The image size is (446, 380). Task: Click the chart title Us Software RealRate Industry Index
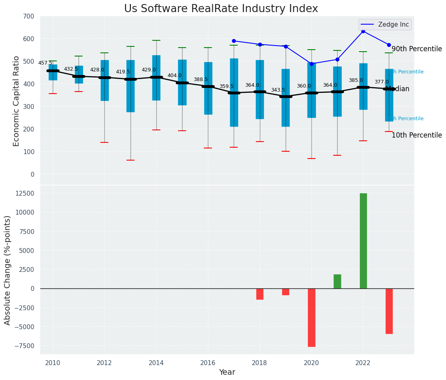[x=221, y=9]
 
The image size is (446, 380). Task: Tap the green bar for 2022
[x=363, y=241]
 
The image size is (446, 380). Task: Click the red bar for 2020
[x=311, y=317]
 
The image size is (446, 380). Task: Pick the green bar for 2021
[x=337, y=282]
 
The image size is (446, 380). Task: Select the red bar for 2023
[x=389, y=311]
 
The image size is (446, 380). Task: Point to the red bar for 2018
[x=260, y=294]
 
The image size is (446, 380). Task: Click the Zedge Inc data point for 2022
[x=363, y=31]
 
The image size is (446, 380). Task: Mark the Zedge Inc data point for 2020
[x=311, y=64]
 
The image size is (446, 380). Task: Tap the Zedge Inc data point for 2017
[x=234, y=41]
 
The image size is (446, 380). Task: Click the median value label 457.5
[x=45, y=63]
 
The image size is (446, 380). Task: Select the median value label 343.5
[x=278, y=90]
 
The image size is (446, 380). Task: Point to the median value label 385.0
[x=356, y=81]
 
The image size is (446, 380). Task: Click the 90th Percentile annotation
[x=417, y=49]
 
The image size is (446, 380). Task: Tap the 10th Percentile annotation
[x=417, y=136]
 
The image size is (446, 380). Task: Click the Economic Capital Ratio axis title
[x=17, y=101]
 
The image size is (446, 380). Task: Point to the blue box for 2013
[x=131, y=86]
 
